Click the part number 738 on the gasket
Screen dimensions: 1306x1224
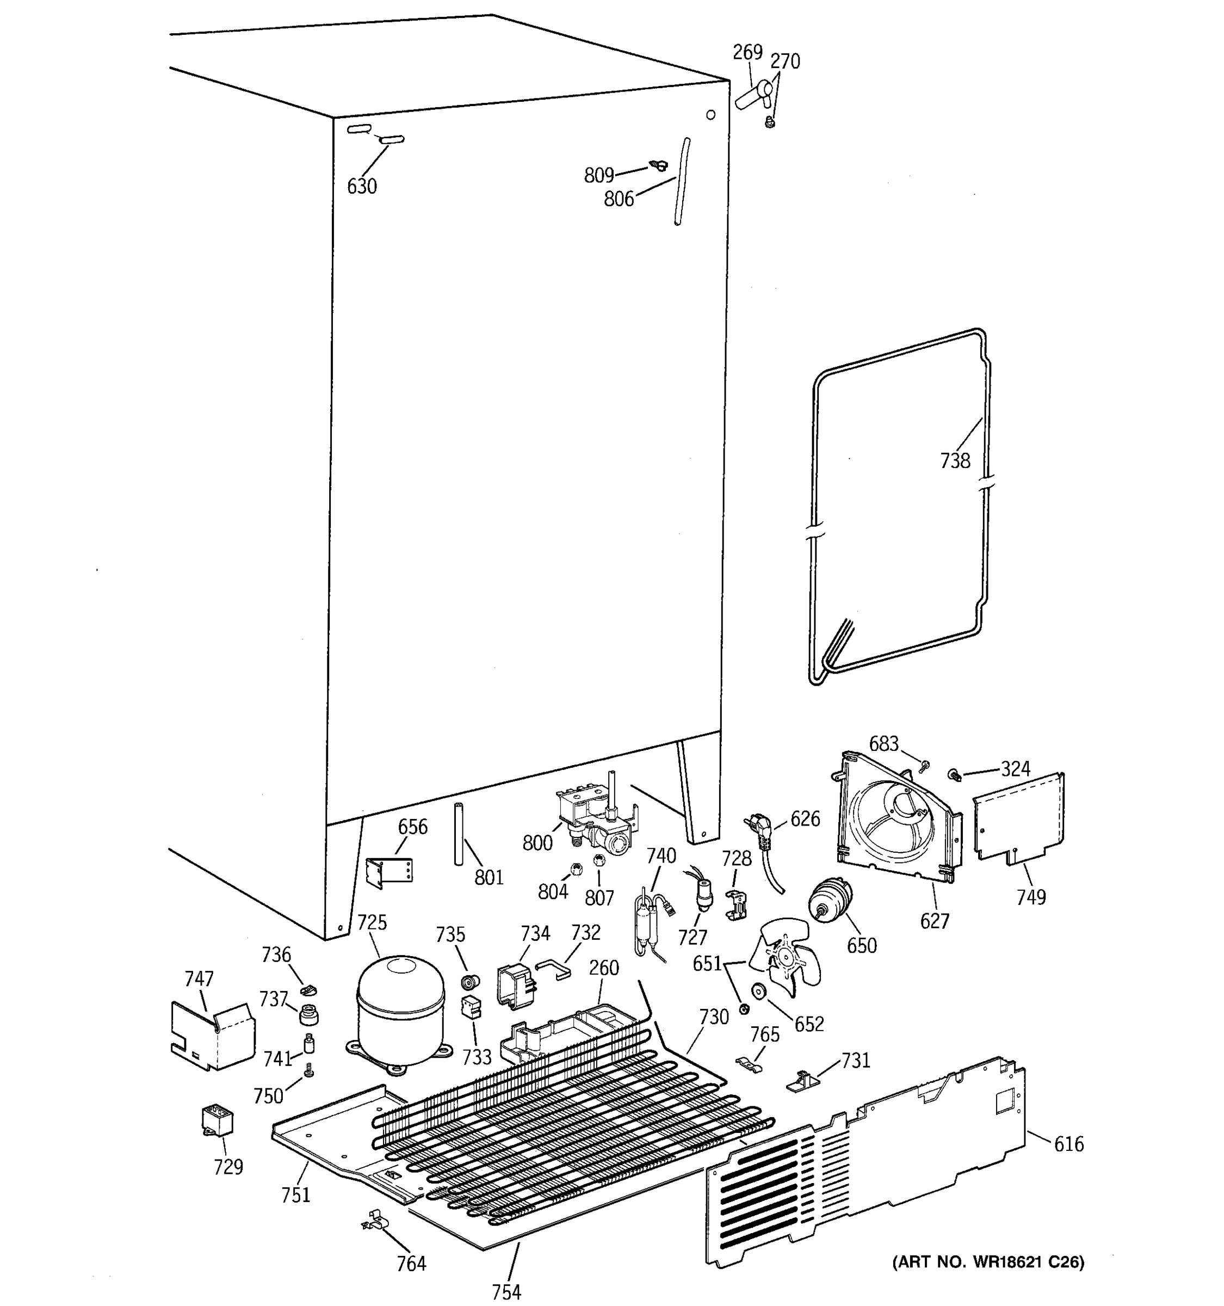tap(955, 460)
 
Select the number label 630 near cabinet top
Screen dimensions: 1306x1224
tap(362, 187)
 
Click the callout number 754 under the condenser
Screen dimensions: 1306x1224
tap(506, 1291)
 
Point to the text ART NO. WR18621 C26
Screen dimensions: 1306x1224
tap(987, 1261)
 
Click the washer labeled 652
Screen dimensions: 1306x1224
tap(761, 991)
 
